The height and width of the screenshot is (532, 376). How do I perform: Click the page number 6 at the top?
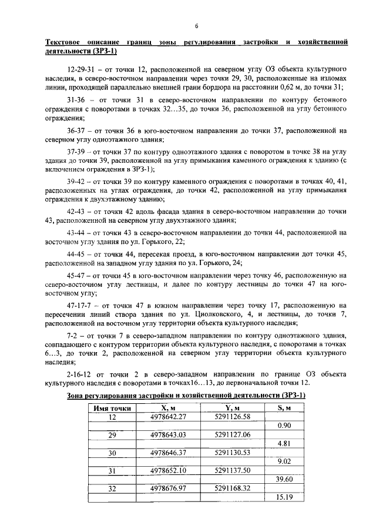point(196,26)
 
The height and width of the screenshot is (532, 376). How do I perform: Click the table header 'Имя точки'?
point(112,408)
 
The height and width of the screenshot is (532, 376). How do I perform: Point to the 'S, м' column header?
point(284,408)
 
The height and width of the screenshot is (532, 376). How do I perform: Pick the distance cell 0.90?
point(284,426)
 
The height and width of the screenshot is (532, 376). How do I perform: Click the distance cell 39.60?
point(284,479)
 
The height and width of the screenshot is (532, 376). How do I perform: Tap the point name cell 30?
point(112,453)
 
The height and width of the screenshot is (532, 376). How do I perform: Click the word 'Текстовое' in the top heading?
point(65,43)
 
